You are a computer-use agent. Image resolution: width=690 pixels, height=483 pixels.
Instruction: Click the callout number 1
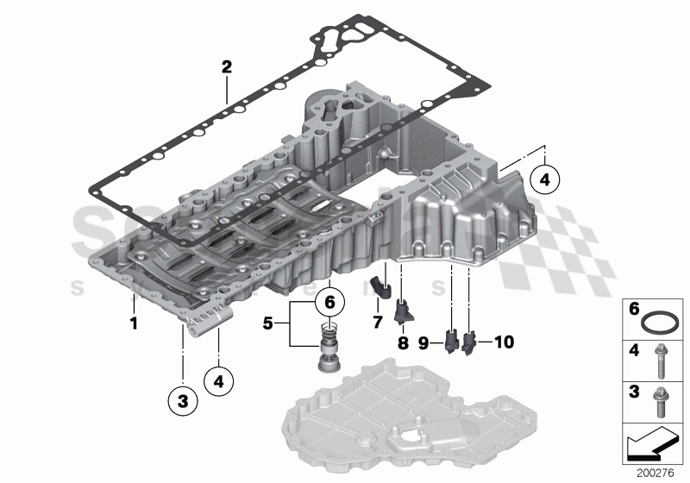pos(134,325)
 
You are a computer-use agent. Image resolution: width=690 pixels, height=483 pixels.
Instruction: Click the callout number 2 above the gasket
pos(227,66)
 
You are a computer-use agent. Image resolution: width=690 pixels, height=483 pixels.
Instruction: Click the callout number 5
pos(268,325)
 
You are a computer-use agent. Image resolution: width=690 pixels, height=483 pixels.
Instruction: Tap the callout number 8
pos(403,342)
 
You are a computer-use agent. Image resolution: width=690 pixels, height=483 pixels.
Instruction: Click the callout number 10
pos(505,342)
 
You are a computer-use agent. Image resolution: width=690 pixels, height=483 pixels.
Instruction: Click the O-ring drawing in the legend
pos(660,324)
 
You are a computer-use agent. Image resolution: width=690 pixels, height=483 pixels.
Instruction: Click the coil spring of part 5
pos(328,332)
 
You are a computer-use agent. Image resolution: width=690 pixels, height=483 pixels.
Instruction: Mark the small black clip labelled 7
pos(379,289)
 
